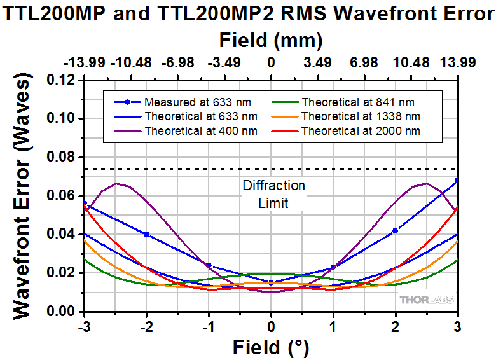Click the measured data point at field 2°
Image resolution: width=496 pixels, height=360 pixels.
pyautogui.click(x=396, y=230)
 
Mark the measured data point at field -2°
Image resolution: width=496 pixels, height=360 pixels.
pyautogui.click(x=147, y=234)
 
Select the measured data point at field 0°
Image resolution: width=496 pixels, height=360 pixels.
pyautogui.click(x=272, y=282)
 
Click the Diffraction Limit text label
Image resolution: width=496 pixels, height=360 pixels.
pyautogui.click(x=273, y=195)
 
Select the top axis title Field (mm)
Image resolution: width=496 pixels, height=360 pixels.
pyautogui.click(x=271, y=41)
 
